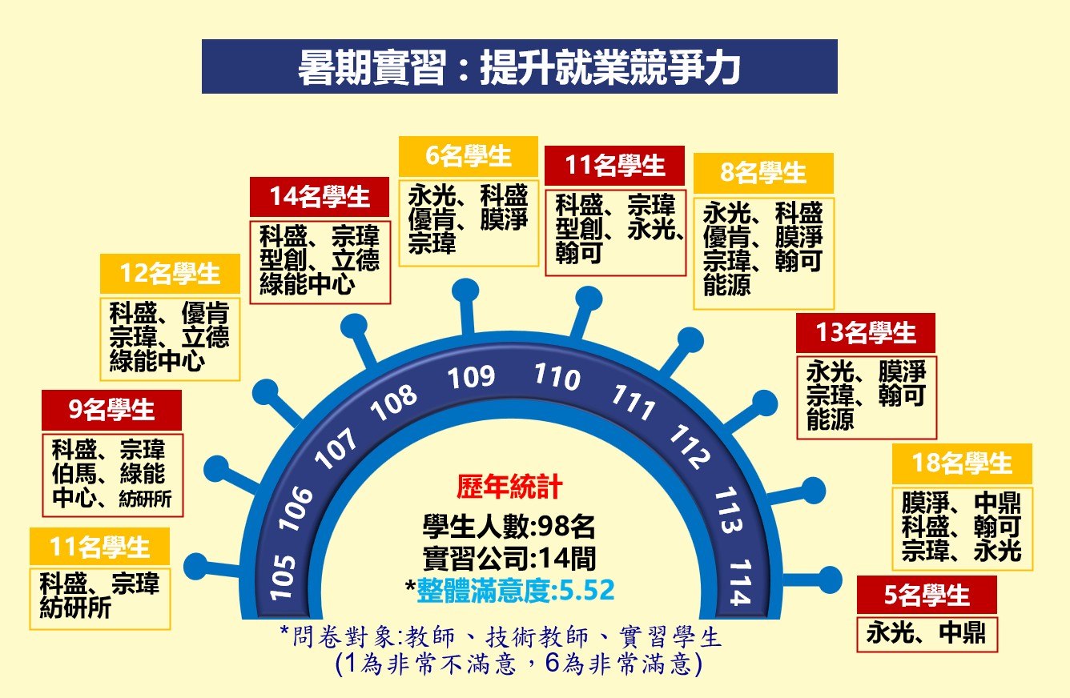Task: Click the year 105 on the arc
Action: pos(282,577)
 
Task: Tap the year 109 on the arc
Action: pos(471,377)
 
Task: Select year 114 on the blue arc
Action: pos(740,582)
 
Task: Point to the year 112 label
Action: pos(690,447)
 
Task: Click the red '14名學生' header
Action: pos(320,197)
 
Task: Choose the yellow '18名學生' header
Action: pos(962,463)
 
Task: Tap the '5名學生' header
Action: pos(927,595)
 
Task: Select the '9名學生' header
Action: pos(111,410)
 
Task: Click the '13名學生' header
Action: pos(866,333)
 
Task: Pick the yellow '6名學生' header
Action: pos(469,156)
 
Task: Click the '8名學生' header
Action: pos(763,173)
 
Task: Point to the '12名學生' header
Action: pos(170,274)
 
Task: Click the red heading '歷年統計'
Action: pos(509,487)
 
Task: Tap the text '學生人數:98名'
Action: pos(509,527)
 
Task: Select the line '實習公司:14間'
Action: pos(509,558)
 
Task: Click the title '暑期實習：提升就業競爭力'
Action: pos(519,67)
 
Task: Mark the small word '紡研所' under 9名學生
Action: pos(145,499)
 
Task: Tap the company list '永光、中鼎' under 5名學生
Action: pos(926,633)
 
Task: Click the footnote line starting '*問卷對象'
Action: pos(500,637)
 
